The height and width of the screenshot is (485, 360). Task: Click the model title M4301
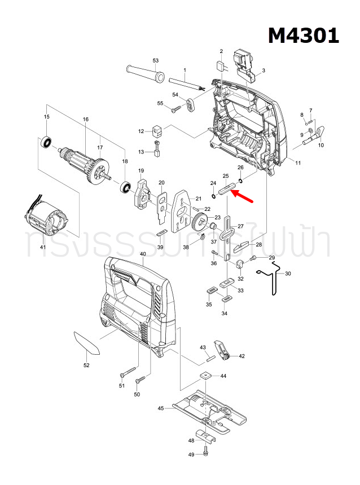pyautogui.click(x=303, y=36)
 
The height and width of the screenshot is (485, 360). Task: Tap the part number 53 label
pyautogui.click(x=156, y=60)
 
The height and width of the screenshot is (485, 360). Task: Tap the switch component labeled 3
pyautogui.click(x=245, y=61)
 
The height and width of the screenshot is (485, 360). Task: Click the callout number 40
pyautogui.click(x=143, y=253)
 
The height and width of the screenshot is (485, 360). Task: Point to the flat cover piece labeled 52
pyautogui.click(x=86, y=342)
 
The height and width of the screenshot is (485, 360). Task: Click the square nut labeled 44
pyautogui.click(x=207, y=376)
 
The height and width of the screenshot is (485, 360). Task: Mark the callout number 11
pyautogui.click(x=298, y=162)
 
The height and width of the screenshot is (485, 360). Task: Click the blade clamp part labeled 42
pyautogui.click(x=222, y=350)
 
